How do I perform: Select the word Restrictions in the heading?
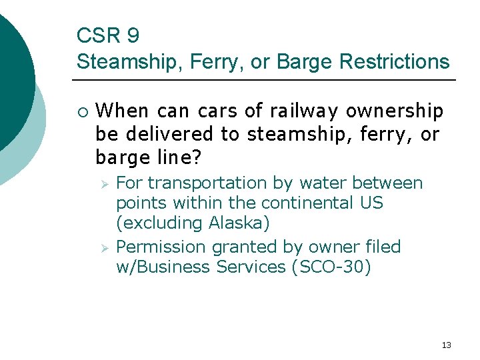[394, 61]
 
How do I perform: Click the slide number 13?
[446, 345]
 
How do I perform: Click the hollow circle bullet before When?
[81, 110]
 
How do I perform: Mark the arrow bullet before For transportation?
[103, 183]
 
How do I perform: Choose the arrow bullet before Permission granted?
[103, 247]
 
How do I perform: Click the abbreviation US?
[371, 202]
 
